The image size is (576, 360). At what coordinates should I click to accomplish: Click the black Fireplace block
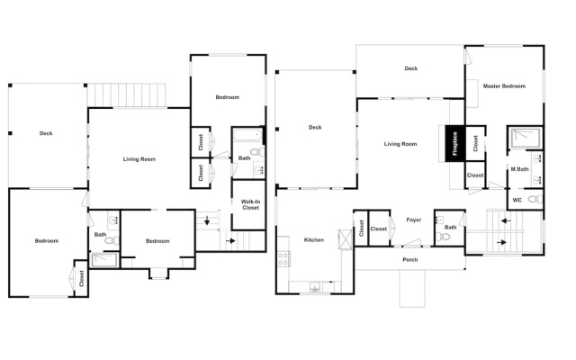(x=455, y=143)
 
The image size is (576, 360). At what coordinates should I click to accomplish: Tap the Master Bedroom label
(x=504, y=86)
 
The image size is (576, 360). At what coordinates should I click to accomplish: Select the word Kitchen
(x=314, y=240)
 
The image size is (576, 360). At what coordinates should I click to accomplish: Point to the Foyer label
(x=414, y=220)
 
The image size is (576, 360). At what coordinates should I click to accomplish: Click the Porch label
(x=410, y=260)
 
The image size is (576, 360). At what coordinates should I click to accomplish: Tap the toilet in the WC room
(x=535, y=199)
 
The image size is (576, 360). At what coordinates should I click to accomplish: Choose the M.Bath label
(x=520, y=169)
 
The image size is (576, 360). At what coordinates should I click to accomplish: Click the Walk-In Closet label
(x=250, y=204)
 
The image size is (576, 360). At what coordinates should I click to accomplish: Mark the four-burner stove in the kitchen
(x=283, y=258)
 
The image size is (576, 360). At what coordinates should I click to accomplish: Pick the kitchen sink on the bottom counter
(x=315, y=287)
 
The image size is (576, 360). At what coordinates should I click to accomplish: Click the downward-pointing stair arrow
(x=207, y=220)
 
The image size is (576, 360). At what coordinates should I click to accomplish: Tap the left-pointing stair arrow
(x=506, y=220)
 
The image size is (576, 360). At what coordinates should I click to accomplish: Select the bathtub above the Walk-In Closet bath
(x=247, y=135)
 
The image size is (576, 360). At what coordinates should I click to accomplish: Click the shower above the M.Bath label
(x=525, y=138)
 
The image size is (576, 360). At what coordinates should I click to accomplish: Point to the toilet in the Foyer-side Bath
(x=443, y=236)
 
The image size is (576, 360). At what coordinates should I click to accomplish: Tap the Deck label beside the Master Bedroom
(x=410, y=68)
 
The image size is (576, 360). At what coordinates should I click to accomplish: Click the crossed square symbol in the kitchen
(x=345, y=239)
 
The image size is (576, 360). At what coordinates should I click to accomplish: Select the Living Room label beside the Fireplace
(x=400, y=144)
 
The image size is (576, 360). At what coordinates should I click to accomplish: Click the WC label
(x=517, y=200)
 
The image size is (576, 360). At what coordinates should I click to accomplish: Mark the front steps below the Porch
(x=412, y=288)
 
